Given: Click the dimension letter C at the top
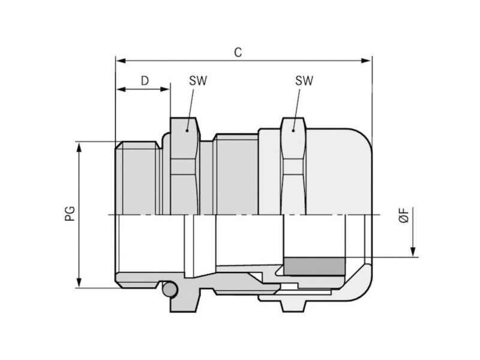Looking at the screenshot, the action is (x=238, y=52).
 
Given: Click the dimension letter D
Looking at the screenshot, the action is (x=145, y=81).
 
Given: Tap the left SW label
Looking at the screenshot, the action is (x=198, y=81).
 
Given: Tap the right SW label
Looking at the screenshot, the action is (x=304, y=81).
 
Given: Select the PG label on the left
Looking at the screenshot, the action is (x=70, y=214).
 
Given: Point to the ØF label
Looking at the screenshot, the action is (x=404, y=215).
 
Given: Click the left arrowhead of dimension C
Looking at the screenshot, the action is (x=121, y=61).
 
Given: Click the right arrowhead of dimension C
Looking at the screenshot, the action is (x=366, y=61).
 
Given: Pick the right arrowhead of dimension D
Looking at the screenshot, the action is (x=164, y=89).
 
